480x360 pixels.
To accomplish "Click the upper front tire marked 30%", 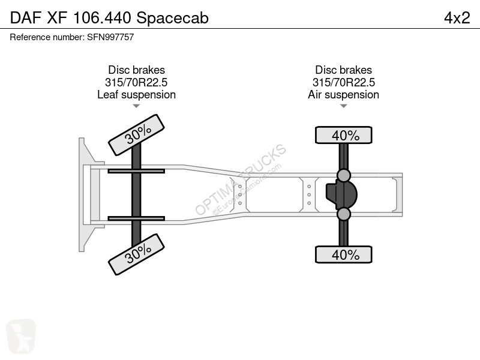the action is point(136,135).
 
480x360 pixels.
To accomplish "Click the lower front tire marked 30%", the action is point(136,254).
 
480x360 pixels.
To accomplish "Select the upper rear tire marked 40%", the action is point(343,135).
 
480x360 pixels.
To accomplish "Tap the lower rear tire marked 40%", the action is point(343,254).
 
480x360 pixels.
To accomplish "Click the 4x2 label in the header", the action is point(457,18).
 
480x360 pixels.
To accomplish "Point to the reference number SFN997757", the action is point(110,37).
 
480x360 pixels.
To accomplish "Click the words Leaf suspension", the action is point(137,95).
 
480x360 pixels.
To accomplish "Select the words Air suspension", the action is point(343,95).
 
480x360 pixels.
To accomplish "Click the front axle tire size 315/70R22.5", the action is point(136,82).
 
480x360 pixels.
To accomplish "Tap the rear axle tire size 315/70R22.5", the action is point(343,82).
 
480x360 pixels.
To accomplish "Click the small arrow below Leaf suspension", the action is point(136,106).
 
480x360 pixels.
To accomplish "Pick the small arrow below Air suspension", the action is point(343,106).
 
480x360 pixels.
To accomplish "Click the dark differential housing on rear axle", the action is point(341,194).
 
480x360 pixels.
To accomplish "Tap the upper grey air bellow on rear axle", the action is point(343,176).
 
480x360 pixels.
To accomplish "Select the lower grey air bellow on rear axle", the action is point(343,214).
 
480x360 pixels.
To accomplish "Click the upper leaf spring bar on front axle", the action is point(136,171).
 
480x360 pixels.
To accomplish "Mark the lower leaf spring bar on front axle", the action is point(136,218).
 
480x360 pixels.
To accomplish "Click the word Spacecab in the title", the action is point(172,18).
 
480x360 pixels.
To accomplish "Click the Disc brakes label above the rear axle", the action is point(343,70).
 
